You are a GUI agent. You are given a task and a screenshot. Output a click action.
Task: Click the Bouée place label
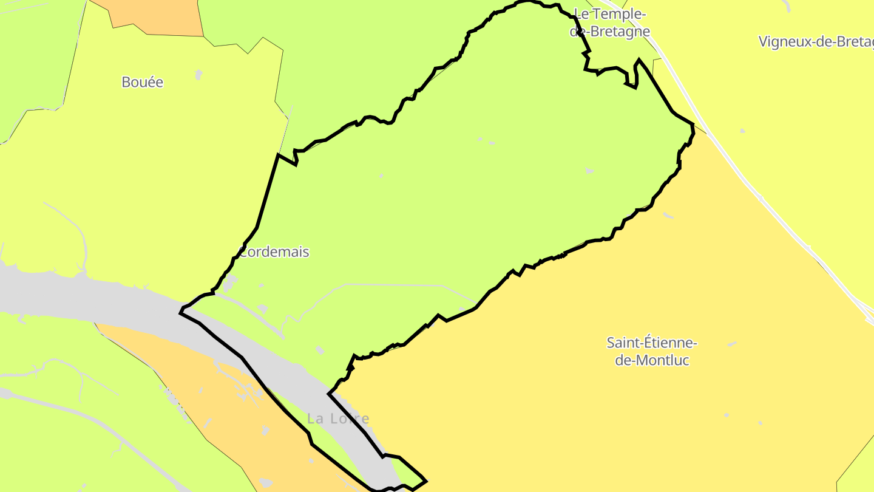(x=143, y=82)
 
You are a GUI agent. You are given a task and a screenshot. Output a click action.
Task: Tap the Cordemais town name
(x=274, y=252)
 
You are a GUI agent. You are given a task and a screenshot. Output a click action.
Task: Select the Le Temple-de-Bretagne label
(x=610, y=22)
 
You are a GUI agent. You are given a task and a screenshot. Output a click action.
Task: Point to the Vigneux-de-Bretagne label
(x=816, y=42)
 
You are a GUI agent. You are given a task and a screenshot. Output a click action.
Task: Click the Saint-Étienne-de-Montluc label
(x=652, y=351)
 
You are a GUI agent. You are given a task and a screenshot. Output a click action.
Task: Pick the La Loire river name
(x=338, y=419)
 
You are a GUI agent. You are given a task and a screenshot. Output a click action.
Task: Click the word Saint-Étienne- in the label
(x=652, y=343)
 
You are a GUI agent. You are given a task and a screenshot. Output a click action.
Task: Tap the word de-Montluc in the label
(x=652, y=360)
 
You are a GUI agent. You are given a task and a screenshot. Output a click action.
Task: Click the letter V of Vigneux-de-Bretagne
(x=764, y=42)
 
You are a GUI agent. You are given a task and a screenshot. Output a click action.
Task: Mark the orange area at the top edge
(x=158, y=15)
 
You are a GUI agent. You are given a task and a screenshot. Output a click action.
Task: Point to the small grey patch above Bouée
(x=198, y=75)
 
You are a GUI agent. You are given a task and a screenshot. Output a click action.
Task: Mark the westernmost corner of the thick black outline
(x=181, y=312)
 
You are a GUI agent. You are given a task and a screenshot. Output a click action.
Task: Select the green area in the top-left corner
(x=30, y=55)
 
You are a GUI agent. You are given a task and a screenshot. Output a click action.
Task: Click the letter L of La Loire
(x=311, y=419)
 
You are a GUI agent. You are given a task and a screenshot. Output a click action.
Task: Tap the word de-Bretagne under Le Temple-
(x=610, y=32)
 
